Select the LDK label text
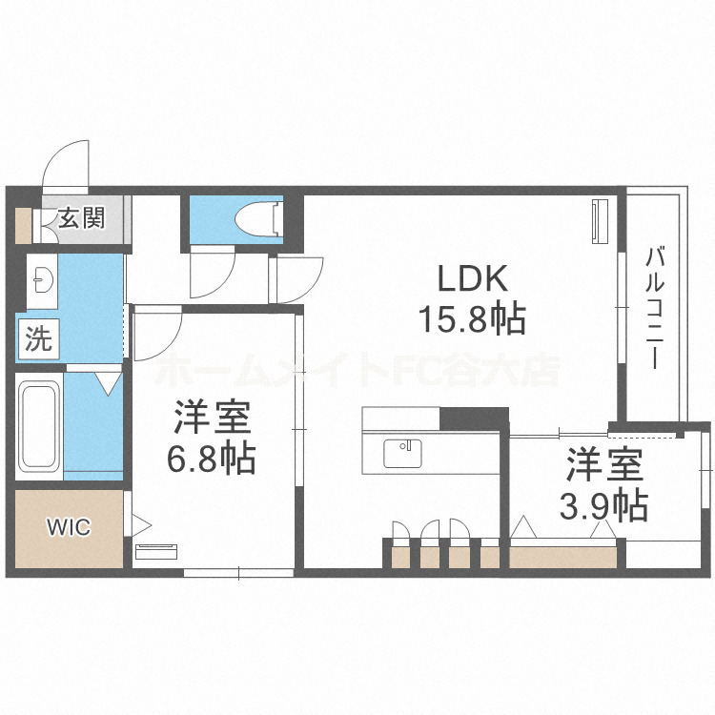click(475, 279)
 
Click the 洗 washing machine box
click(38, 340)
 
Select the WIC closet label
click(69, 527)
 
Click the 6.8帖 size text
click(212, 460)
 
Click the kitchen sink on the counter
click(403, 453)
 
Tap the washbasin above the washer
click(42, 278)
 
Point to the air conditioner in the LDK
click(600, 222)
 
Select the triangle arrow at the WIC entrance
click(140, 522)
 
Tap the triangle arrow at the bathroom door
click(108, 383)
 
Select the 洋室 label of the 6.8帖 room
click(212, 419)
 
